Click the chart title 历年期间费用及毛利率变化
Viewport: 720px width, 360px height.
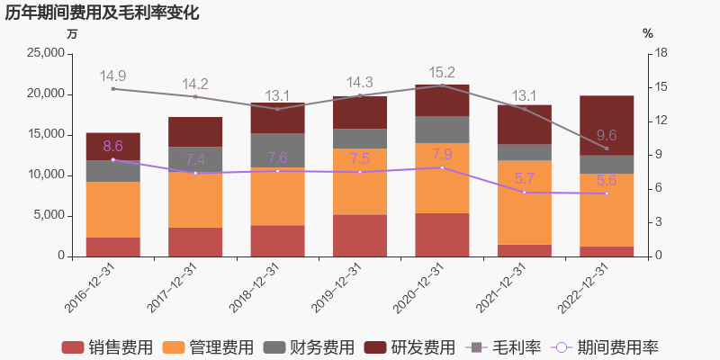(x=102, y=13)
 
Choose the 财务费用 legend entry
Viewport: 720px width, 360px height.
(x=310, y=347)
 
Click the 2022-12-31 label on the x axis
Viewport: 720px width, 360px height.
(x=583, y=288)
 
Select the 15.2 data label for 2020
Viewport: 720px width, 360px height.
(x=442, y=73)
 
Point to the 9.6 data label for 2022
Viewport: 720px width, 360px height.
(x=607, y=136)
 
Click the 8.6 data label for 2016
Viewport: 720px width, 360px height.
(x=112, y=147)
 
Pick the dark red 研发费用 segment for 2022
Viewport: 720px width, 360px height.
(x=607, y=125)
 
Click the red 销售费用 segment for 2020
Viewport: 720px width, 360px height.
(x=442, y=235)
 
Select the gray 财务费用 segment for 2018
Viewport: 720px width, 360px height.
(x=277, y=150)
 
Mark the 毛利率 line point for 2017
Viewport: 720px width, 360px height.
(x=195, y=96)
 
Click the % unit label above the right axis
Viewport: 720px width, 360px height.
(x=647, y=33)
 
